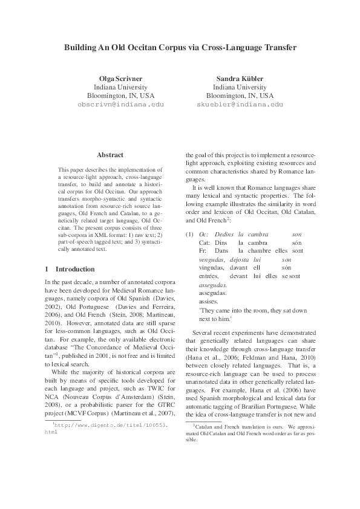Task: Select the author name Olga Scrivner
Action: click(x=121, y=79)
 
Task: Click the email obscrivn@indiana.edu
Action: click(x=121, y=104)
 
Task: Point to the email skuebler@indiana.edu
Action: click(x=240, y=104)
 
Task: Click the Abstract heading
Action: click(x=110, y=155)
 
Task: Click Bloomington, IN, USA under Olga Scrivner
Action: click(x=121, y=96)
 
